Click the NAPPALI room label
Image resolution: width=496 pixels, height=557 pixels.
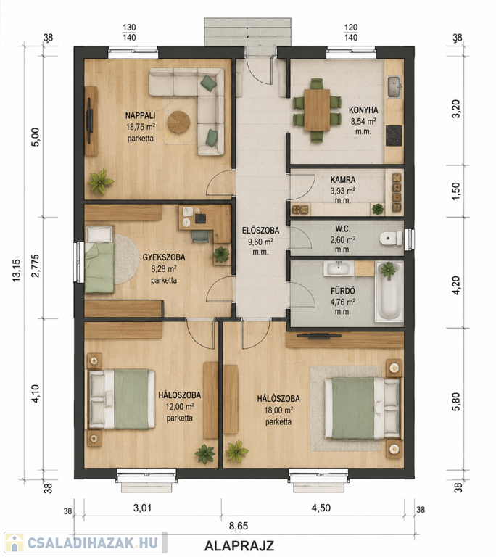140,115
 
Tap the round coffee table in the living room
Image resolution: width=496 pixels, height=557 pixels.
178,122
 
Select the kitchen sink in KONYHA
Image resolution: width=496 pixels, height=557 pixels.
394,86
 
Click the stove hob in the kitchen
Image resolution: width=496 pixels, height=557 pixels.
394,136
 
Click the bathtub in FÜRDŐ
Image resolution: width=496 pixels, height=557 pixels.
389,292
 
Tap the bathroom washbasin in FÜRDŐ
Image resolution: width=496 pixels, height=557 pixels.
339,268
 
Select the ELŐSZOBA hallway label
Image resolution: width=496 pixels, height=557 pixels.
260,230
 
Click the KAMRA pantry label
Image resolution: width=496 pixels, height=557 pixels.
342,180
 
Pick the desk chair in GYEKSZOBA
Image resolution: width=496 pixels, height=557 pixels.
201,236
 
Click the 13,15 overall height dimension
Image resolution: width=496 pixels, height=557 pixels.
17,271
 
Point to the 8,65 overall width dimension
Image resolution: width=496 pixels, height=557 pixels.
239,526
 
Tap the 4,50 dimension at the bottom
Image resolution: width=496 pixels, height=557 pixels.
321,508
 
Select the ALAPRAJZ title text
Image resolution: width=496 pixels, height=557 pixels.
239,545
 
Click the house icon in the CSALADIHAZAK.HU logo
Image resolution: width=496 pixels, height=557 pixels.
15,542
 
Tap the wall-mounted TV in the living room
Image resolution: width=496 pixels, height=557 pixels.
90,121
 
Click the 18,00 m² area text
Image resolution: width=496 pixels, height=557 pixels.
278,410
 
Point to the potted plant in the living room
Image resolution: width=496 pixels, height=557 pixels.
101,181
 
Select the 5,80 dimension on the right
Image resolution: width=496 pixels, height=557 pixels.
457,402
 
